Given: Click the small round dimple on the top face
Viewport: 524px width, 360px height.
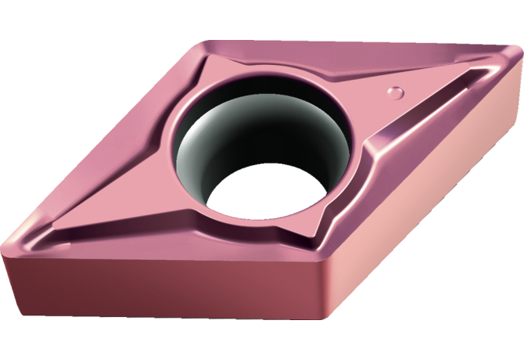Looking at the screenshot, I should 397,92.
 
